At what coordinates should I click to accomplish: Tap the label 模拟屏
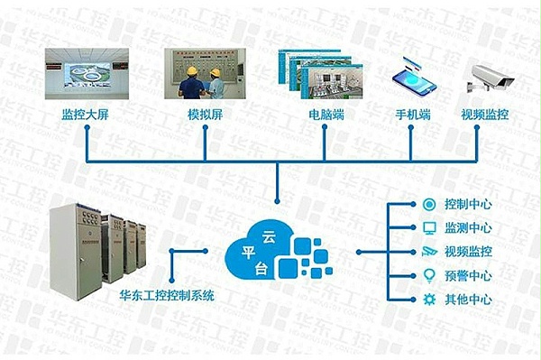tap(204, 115)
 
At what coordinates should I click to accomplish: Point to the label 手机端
tap(411, 115)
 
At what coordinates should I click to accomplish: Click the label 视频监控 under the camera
tap(486, 115)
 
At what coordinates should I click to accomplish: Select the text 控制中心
tap(469, 204)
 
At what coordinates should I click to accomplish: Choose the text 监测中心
tap(469, 227)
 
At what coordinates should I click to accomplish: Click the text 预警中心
tap(469, 275)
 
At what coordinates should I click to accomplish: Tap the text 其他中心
tap(469, 299)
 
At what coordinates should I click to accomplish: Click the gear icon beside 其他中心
tap(429, 299)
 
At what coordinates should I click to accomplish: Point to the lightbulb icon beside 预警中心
tap(429, 275)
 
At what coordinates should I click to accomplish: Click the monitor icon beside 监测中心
tap(429, 227)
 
